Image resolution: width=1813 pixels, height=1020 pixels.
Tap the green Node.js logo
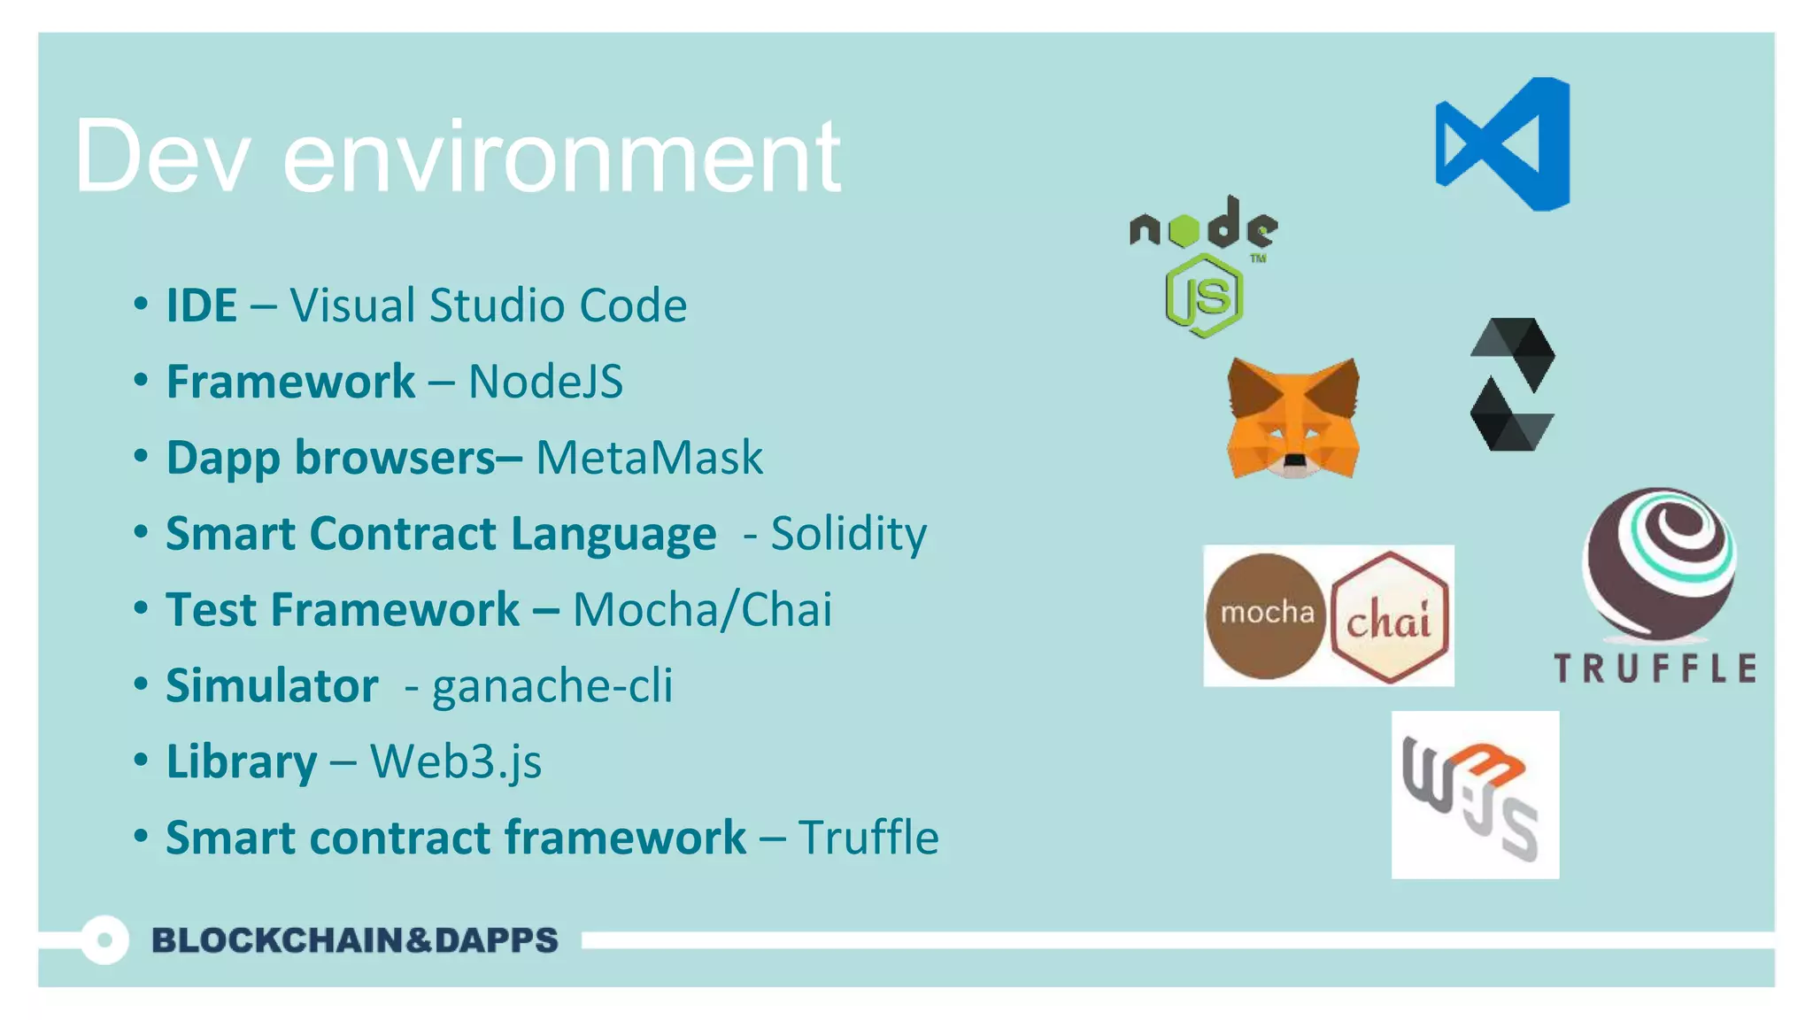1204,266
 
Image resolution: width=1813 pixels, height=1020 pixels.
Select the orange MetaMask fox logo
1293,418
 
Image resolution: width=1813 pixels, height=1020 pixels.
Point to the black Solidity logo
1512,384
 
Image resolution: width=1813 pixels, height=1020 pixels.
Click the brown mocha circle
1266,615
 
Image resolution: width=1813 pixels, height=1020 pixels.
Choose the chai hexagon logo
1390,617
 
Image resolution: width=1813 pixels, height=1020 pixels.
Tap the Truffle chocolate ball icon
1659,564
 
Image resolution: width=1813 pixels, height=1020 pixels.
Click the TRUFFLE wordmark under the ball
1655,668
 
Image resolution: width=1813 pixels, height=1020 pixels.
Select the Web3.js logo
1475,794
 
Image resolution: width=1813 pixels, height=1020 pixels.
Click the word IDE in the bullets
202,305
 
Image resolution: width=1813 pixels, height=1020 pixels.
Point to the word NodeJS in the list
545,382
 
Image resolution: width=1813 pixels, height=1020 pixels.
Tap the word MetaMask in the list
649,458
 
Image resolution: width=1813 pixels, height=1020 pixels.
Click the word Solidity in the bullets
848,534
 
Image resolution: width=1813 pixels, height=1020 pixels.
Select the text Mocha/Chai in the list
702,610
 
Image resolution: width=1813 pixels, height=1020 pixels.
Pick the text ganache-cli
552,686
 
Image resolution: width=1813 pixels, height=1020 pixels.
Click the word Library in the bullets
241,762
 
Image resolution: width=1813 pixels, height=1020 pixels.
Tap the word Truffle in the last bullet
868,838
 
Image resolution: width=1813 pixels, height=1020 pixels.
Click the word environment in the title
561,157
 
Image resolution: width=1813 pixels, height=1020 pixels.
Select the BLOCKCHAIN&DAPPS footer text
355,940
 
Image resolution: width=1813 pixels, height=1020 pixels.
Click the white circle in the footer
104,940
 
